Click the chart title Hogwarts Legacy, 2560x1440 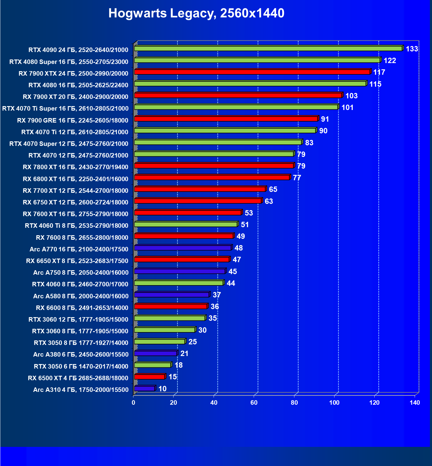click(x=196, y=13)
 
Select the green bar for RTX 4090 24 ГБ click(x=268, y=48)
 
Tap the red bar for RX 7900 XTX click(x=252, y=72)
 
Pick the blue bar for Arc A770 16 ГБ click(x=182, y=248)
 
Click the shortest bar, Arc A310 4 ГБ click(x=144, y=389)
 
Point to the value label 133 click(x=412, y=49)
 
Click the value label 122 click(x=390, y=61)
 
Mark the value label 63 click(x=269, y=201)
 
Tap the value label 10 click(x=162, y=389)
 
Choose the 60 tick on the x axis click(x=254, y=403)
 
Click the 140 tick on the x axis click(x=415, y=403)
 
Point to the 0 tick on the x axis click(x=133, y=403)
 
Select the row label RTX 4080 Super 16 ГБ click(x=69, y=62)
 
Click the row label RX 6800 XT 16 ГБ click(x=75, y=179)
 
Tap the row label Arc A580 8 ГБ click(x=81, y=296)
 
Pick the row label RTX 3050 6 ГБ click(x=81, y=366)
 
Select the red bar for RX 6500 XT click(x=150, y=377)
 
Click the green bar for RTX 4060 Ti click(x=186, y=224)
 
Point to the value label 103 click(x=351, y=96)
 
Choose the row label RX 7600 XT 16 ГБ click(x=75, y=214)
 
